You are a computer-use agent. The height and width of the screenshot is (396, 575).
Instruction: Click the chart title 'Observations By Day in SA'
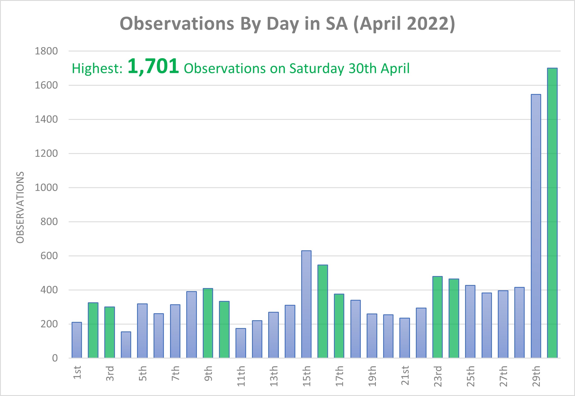(x=287, y=24)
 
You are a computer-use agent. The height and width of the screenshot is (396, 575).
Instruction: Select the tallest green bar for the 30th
(x=552, y=213)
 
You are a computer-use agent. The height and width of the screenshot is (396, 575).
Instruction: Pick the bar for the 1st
(x=77, y=340)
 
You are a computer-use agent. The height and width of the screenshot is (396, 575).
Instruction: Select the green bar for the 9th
(x=208, y=323)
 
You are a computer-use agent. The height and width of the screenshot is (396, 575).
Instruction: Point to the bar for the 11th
(x=241, y=343)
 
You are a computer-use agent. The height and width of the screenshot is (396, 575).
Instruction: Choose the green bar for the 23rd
(x=437, y=317)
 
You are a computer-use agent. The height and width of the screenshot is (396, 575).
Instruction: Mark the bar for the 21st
(x=404, y=338)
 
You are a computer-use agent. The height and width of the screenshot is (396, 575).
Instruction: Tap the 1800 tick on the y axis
(x=46, y=51)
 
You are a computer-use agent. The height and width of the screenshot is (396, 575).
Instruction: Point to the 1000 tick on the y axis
(x=46, y=188)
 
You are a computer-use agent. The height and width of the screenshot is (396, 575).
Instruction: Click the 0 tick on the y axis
(x=55, y=358)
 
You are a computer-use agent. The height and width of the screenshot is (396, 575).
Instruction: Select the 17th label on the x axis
(x=339, y=376)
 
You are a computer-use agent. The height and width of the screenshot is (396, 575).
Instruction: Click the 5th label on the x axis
(x=142, y=373)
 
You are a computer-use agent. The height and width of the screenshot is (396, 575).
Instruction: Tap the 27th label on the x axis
(x=503, y=376)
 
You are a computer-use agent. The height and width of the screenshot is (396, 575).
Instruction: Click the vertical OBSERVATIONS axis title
(x=20, y=207)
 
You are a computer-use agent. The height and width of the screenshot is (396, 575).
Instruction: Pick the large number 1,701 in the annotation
(x=153, y=67)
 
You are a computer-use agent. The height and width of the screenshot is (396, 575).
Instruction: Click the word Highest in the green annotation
(x=97, y=69)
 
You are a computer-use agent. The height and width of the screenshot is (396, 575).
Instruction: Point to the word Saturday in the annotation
(x=317, y=69)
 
